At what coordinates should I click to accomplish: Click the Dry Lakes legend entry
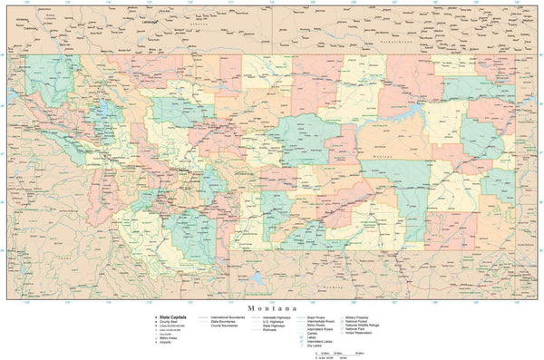[317, 346]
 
